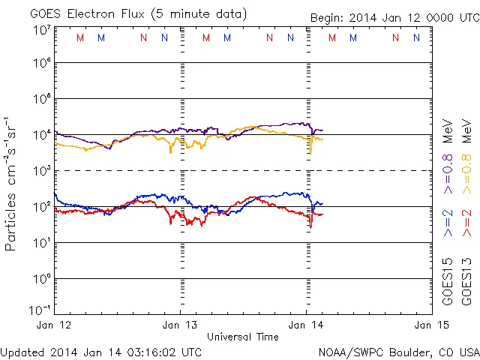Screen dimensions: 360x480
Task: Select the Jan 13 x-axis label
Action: pyautogui.click(x=180, y=325)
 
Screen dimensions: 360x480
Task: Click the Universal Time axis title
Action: pyautogui.click(x=242, y=337)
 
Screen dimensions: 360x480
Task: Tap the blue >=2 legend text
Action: pyautogui.click(x=448, y=223)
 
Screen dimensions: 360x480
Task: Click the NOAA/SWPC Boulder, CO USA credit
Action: pyautogui.click(x=398, y=351)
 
